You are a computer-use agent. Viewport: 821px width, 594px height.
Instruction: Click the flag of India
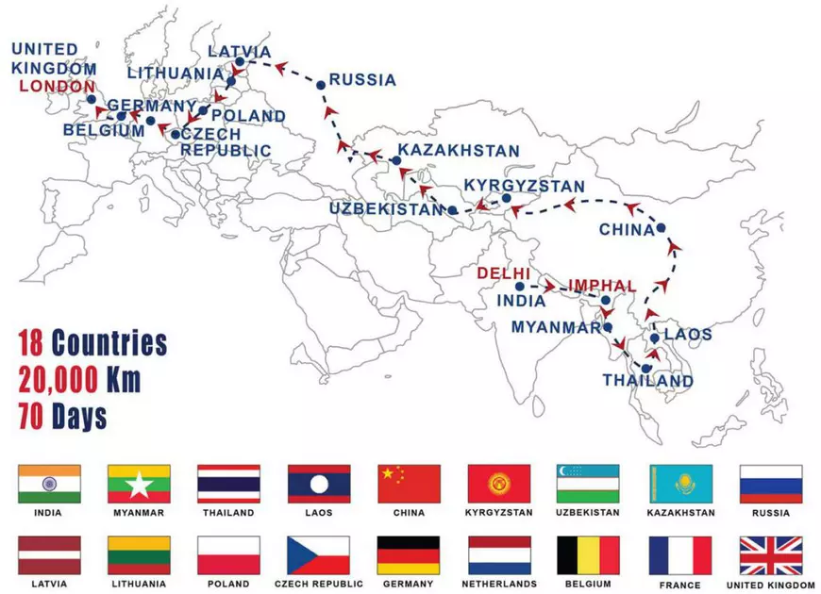pyautogui.click(x=49, y=484)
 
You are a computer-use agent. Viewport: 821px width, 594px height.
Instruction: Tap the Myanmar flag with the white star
pyautogui.click(x=139, y=484)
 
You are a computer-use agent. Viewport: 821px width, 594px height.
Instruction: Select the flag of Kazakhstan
pyautogui.click(x=680, y=484)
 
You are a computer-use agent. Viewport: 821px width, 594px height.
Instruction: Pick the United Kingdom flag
pyautogui.click(x=771, y=555)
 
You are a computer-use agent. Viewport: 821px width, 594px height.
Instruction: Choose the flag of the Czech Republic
pyautogui.click(x=319, y=555)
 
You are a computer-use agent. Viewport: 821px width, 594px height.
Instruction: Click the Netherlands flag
pyautogui.click(x=499, y=555)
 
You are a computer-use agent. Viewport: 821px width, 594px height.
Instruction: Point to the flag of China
pyautogui.click(x=409, y=484)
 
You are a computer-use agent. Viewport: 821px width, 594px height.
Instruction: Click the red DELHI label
pyautogui.click(x=504, y=273)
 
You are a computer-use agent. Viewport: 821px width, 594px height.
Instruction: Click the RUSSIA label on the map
pyautogui.click(x=362, y=80)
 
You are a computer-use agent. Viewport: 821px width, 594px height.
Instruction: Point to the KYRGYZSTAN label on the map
pyautogui.click(x=525, y=187)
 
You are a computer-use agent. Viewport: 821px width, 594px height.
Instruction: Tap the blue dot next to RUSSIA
pyautogui.click(x=321, y=85)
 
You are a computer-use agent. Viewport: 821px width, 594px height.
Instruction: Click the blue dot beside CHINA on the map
pyautogui.click(x=662, y=227)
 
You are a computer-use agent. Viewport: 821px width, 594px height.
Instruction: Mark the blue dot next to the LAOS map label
pyautogui.click(x=654, y=337)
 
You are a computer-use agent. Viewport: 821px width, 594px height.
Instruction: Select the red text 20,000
pyautogui.click(x=59, y=380)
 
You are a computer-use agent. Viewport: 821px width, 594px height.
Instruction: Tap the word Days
pyautogui.click(x=79, y=415)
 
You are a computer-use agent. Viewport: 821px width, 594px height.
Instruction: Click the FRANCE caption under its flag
pyautogui.click(x=680, y=586)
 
